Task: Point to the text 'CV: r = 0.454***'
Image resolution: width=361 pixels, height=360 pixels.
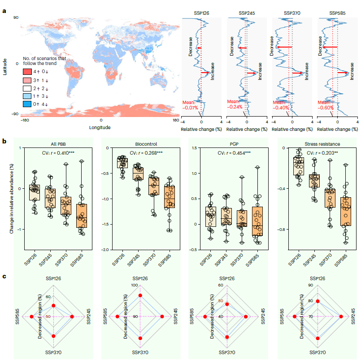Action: coord(232,153)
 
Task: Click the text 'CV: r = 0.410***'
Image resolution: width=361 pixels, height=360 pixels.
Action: coord(57,153)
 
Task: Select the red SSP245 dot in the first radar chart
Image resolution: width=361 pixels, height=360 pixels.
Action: coord(72,317)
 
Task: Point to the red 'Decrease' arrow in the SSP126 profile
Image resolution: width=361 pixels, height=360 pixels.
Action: coord(199,48)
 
